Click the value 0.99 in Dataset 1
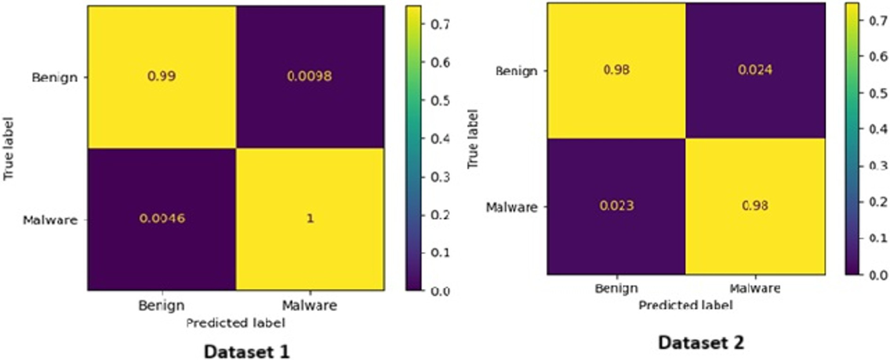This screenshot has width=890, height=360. point(161,77)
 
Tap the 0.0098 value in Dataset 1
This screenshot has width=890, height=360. point(310,77)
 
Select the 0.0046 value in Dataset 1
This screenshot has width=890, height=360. point(161,220)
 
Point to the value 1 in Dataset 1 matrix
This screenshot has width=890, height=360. point(310,220)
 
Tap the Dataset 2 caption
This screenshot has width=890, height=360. point(700,342)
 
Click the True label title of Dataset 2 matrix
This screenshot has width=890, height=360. point(474,137)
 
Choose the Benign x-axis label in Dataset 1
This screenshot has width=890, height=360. point(161,306)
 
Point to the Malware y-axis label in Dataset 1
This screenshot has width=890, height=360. point(51,220)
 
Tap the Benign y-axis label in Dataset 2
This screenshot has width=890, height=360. point(516,71)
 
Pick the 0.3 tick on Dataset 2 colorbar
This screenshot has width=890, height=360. point(877,166)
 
